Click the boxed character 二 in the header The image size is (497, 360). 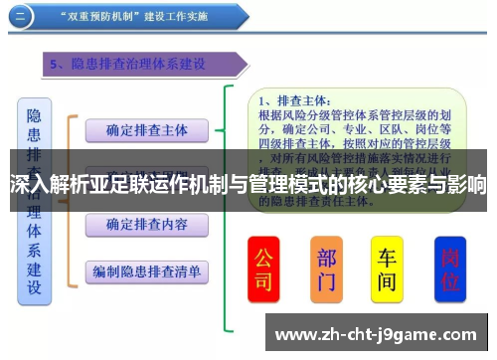click(20, 15)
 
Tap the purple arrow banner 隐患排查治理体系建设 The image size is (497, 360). click(144, 65)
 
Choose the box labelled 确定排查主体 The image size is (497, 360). click(146, 130)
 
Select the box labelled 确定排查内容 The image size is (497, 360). click(146, 224)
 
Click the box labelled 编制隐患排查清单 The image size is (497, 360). click(146, 270)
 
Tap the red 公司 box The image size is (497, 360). click(263, 269)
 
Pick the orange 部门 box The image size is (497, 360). click(327, 269)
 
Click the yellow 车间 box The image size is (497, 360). click(388, 269)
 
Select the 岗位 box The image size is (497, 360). click(450, 269)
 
